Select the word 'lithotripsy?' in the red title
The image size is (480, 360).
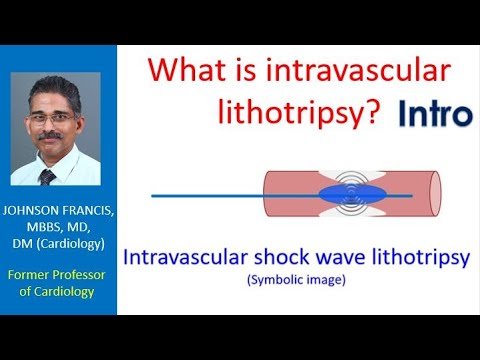(300, 113)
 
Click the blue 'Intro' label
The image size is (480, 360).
(434, 113)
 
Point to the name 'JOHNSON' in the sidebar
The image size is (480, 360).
(38, 211)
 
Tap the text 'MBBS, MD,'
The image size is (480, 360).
(59, 229)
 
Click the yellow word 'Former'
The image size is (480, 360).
(34, 274)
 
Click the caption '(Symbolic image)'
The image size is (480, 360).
(296, 280)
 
